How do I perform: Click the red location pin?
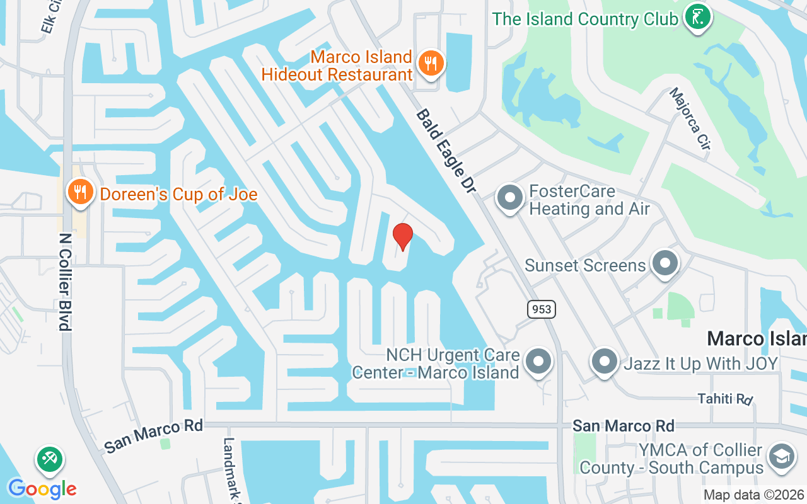point(402,236)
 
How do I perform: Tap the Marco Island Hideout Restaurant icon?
point(431,63)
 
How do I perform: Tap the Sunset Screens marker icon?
point(664,263)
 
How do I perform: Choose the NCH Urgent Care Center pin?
point(538,362)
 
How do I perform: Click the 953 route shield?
point(542,309)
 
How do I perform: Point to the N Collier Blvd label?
point(65,282)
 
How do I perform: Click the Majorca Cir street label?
point(690,118)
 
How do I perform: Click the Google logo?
point(42,489)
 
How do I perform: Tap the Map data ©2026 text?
point(754,495)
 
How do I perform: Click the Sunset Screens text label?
point(585,265)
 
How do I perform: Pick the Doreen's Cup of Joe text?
point(179,194)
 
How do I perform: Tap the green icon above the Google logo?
point(49,459)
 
